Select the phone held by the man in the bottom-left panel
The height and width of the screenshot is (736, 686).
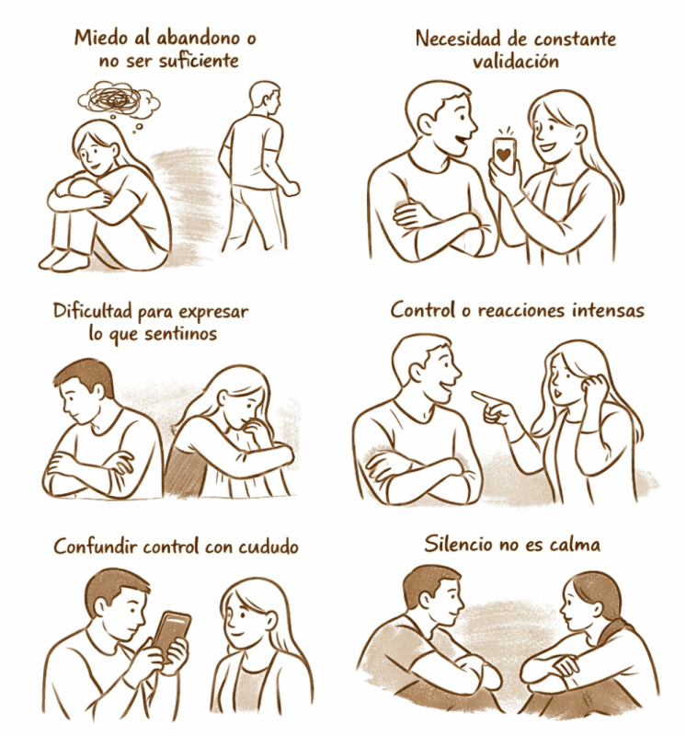pyautogui.click(x=170, y=634)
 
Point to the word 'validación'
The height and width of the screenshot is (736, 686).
pyautogui.click(x=516, y=62)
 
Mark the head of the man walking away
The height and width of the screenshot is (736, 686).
pyautogui.click(x=265, y=98)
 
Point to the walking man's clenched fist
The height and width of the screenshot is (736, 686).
pyautogui.click(x=293, y=189)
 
